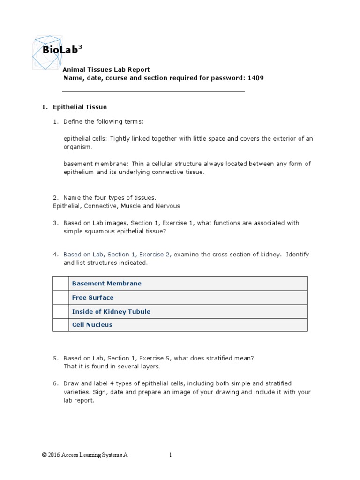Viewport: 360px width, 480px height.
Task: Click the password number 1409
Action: tap(255, 78)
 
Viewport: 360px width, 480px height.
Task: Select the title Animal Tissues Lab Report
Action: tap(106, 69)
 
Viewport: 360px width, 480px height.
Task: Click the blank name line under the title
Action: tap(153, 91)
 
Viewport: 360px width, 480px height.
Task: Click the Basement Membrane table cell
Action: tap(106, 284)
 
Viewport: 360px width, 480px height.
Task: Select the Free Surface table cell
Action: tap(93, 298)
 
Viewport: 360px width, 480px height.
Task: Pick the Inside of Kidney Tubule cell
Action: tap(111, 311)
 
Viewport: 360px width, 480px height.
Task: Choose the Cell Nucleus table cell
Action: tap(92, 325)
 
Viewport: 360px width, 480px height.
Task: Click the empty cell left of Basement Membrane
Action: tap(60, 284)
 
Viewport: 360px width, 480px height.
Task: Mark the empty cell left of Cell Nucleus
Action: tap(60, 325)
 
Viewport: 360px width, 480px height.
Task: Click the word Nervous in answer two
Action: tap(168, 206)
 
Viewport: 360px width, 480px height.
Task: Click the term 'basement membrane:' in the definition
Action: tap(96, 164)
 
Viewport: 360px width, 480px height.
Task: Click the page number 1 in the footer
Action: tap(171, 455)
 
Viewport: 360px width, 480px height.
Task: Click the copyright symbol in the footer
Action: tap(44, 455)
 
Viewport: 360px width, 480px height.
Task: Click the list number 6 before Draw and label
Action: tap(55, 383)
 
